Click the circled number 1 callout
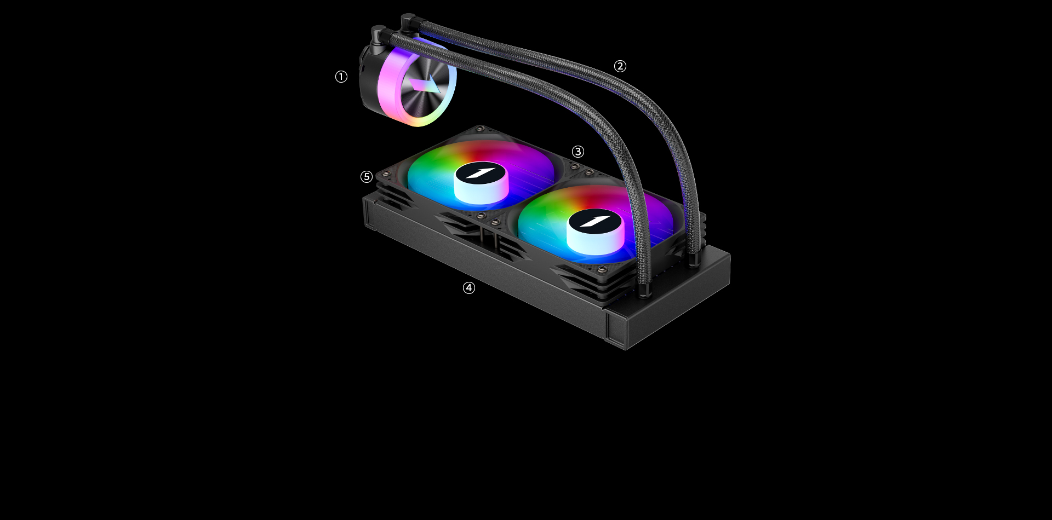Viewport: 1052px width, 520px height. click(x=341, y=77)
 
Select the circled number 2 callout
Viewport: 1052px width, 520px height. click(x=620, y=66)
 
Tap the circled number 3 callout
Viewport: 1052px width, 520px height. click(x=578, y=152)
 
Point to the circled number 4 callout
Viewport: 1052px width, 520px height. click(x=469, y=288)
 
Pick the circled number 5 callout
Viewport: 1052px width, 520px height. click(x=367, y=177)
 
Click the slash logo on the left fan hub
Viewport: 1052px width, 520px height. click(x=481, y=173)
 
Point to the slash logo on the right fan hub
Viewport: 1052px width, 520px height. click(x=594, y=221)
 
